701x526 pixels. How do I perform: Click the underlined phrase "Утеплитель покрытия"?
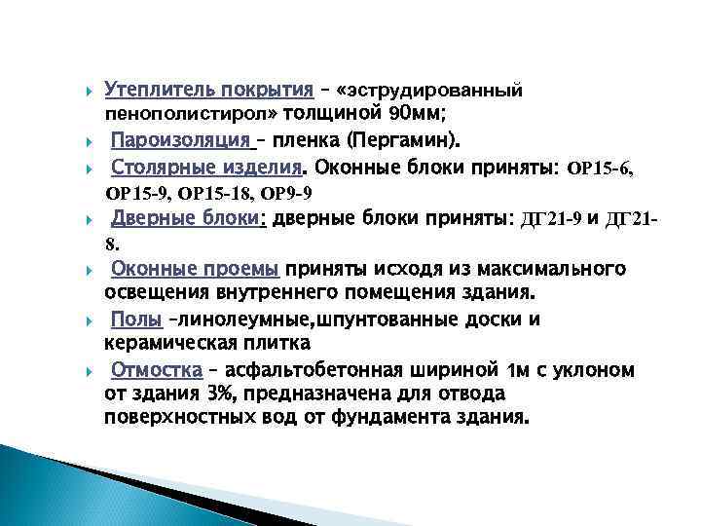[x=208, y=91]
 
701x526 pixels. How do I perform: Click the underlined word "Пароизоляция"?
[x=180, y=139]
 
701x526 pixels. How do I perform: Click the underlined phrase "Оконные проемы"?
[x=196, y=269]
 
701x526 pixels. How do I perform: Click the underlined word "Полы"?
[x=129, y=319]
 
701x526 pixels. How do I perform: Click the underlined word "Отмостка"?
[x=156, y=370]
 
